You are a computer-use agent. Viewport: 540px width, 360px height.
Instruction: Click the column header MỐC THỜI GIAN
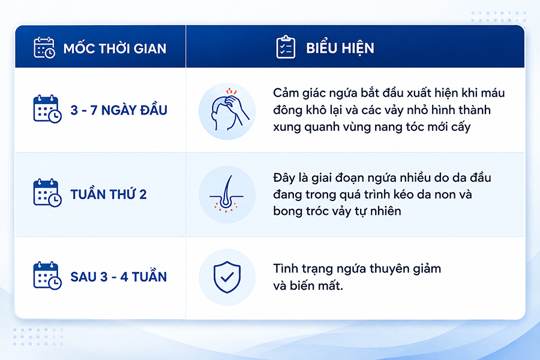pos(115,49)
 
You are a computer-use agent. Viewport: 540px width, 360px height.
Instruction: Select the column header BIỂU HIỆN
pos(340,48)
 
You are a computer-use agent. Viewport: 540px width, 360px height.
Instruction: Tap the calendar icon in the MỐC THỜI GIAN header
pos(44,47)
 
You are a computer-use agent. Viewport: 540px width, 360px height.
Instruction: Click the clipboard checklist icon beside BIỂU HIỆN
pos(286,47)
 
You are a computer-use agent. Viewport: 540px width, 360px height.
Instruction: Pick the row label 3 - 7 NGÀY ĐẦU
pos(119,110)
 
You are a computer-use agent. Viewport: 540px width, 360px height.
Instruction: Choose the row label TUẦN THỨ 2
pos(109,194)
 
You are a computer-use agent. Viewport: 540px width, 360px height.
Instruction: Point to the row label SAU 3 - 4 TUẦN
pos(118,277)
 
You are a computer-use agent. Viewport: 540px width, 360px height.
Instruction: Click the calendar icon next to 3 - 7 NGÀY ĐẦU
pos(47,109)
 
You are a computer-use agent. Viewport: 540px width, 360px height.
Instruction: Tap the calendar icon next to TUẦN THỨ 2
pos(47,193)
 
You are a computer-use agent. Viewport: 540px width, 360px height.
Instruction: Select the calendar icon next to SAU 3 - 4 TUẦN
pos(47,275)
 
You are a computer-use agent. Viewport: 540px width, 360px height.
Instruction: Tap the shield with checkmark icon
pos(227,277)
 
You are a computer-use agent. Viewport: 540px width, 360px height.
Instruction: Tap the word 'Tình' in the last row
pos(284,268)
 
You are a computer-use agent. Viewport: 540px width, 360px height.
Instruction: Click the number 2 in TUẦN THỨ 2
pos(143,194)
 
